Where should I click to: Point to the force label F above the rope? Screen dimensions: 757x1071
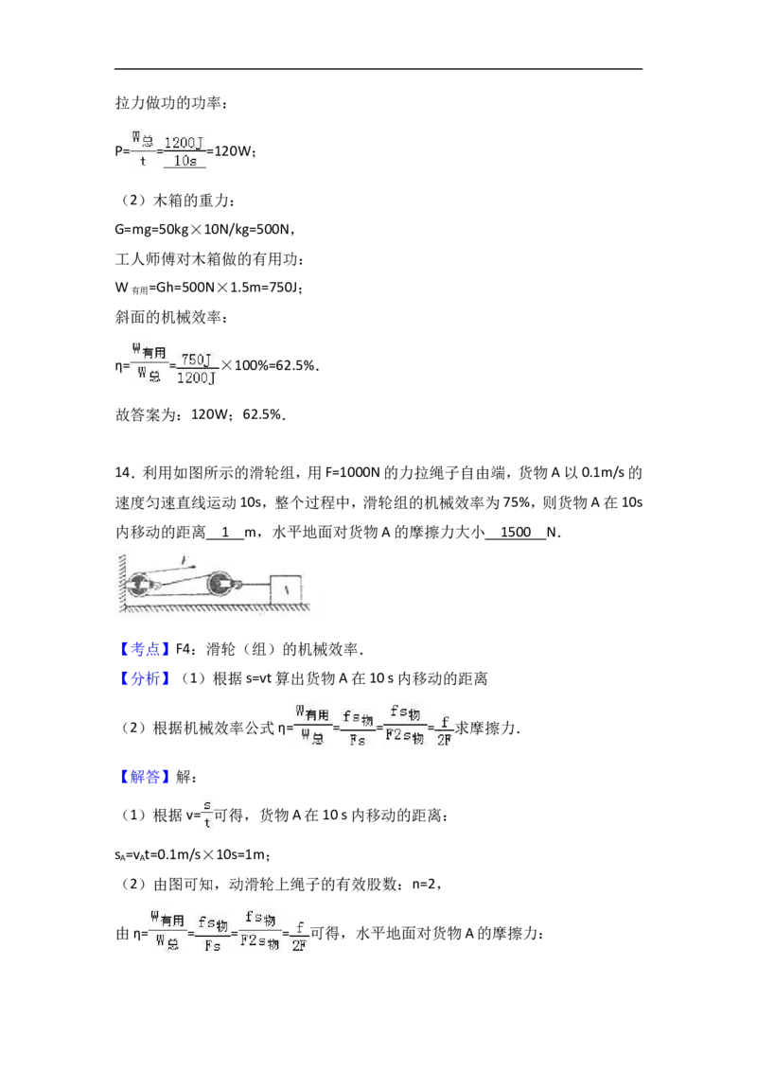pyautogui.click(x=184, y=560)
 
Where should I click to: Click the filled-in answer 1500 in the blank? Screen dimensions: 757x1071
pyautogui.click(x=515, y=532)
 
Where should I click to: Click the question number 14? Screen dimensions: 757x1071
pyautogui.click(x=122, y=473)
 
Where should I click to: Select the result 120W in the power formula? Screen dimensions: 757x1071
pyautogui.click(x=232, y=151)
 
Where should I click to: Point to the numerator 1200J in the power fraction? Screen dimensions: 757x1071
pyautogui.click(x=184, y=142)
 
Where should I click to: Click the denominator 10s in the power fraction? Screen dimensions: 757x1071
pyautogui.click(x=185, y=161)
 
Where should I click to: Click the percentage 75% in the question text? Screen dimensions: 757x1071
pyautogui.click(x=517, y=502)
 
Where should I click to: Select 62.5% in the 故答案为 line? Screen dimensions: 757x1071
pyautogui.click(x=262, y=414)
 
